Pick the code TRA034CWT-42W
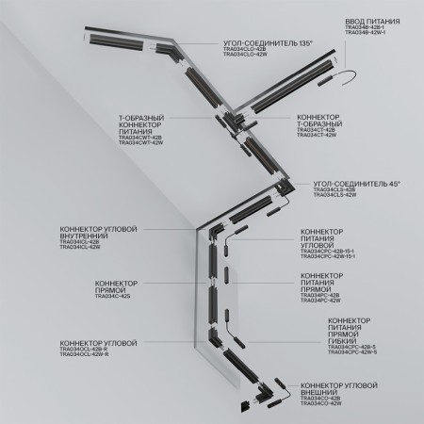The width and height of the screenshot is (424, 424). coord(140,143)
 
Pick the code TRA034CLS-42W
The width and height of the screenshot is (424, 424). coord(334,194)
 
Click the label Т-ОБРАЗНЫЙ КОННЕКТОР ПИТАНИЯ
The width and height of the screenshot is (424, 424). coord(140,125)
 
